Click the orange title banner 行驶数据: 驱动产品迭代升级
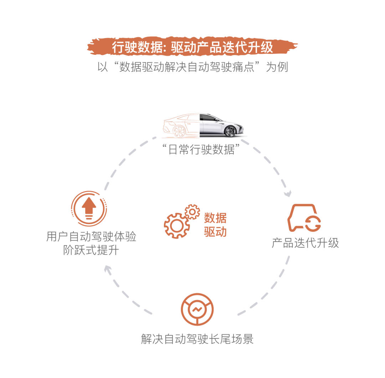[192, 47]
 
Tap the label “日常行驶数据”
[201, 149]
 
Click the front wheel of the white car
[230, 131]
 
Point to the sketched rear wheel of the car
[179, 131]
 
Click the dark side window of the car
[207, 118]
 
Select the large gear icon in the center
[176, 226]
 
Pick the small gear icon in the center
[192, 212]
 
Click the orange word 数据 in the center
[215, 218]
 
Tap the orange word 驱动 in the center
[215, 232]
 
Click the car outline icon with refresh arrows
[304, 218]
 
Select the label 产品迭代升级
[305, 243]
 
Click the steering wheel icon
[197, 309]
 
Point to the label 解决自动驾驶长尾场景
[197, 339]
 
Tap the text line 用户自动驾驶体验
[91, 237]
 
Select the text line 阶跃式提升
[91, 250]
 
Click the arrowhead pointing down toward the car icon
[288, 194]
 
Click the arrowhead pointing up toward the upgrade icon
[108, 269]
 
